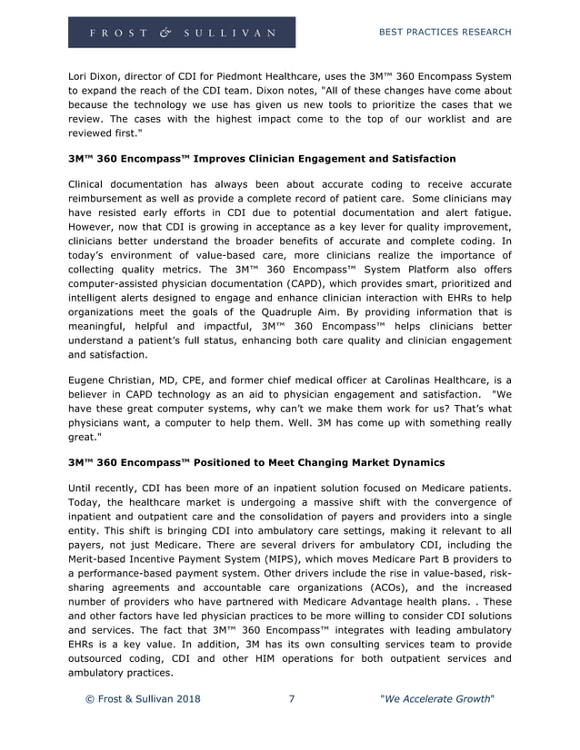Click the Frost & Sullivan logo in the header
[x=181, y=33]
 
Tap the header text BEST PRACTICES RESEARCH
[x=445, y=32]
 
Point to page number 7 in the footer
[x=291, y=699]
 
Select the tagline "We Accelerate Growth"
[x=436, y=699]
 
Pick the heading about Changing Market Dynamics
[x=256, y=462]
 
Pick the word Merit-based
[x=102, y=558]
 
